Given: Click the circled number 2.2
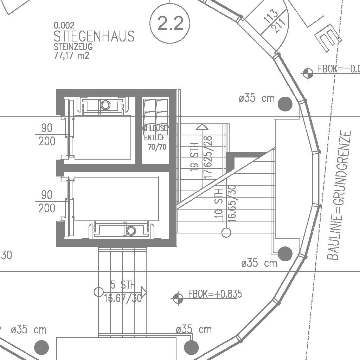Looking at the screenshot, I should click(x=170, y=24).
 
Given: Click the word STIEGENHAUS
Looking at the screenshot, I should click(x=94, y=36).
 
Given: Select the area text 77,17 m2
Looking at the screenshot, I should click(x=72, y=55).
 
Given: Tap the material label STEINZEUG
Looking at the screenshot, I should click(x=73, y=46).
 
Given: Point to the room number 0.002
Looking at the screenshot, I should click(x=64, y=25).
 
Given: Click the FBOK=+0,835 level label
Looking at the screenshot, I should click(x=215, y=294).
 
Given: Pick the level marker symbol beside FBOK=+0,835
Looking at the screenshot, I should click(x=178, y=298).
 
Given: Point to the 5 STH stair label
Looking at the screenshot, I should click(x=123, y=285).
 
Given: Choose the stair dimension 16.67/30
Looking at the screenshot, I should click(x=123, y=298).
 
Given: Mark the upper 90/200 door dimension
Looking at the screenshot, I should click(x=47, y=134).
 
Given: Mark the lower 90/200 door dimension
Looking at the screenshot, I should click(x=47, y=201).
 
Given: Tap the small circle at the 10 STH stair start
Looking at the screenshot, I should click(x=226, y=232).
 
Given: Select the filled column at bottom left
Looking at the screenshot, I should click(x=41, y=347).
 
